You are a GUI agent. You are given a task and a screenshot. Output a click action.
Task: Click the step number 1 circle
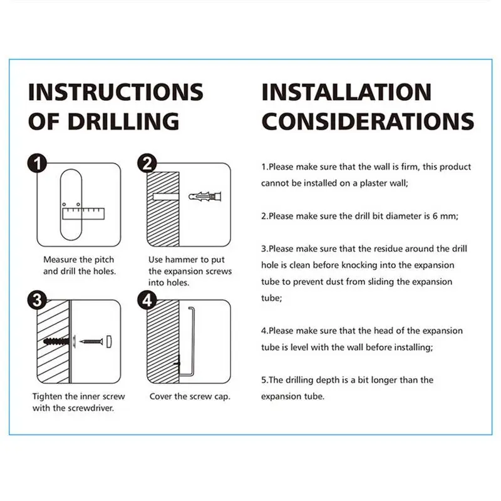(x=38, y=165)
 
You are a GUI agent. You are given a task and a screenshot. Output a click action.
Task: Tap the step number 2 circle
(x=147, y=165)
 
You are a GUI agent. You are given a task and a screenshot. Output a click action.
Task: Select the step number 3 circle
(x=38, y=301)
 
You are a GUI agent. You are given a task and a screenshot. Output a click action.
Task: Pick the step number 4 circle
(x=147, y=301)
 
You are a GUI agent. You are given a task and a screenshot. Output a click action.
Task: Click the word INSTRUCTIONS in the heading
(x=116, y=92)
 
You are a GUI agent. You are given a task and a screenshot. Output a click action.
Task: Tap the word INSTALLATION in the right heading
(x=346, y=92)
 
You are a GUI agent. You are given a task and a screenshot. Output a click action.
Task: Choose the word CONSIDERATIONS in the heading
(x=367, y=120)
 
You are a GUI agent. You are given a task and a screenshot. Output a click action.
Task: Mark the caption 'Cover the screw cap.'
(x=190, y=396)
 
